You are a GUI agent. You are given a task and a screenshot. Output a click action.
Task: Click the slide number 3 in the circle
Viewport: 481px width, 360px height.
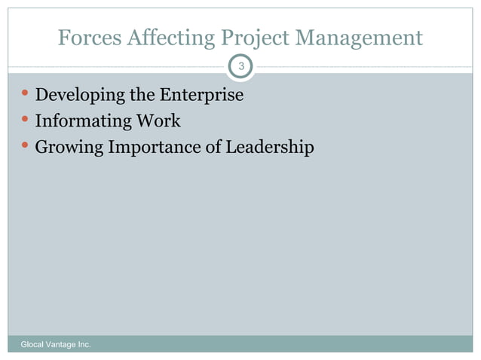pyautogui.click(x=240, y=68)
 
